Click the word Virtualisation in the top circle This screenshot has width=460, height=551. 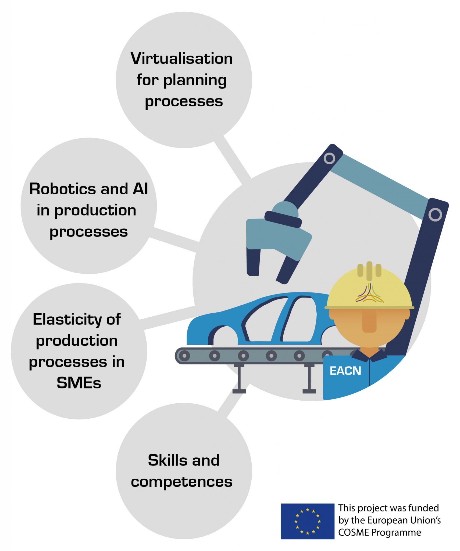[x=181, y=59]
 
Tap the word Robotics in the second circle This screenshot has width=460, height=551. [x=62, y=189]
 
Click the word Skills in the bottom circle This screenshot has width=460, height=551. [x=164, y=460]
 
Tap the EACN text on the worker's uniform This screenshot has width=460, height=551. [x=345, y=371]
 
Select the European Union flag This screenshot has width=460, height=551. [x=307, y=521]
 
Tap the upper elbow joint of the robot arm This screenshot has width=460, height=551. [x=329, y=158]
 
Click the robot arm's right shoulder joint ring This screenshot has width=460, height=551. [x=435, y=214]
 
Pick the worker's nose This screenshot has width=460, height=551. [x=369, y=322]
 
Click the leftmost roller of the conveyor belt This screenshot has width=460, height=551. [x=184, y=356]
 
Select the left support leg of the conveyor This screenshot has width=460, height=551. [x=239, y=379]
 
